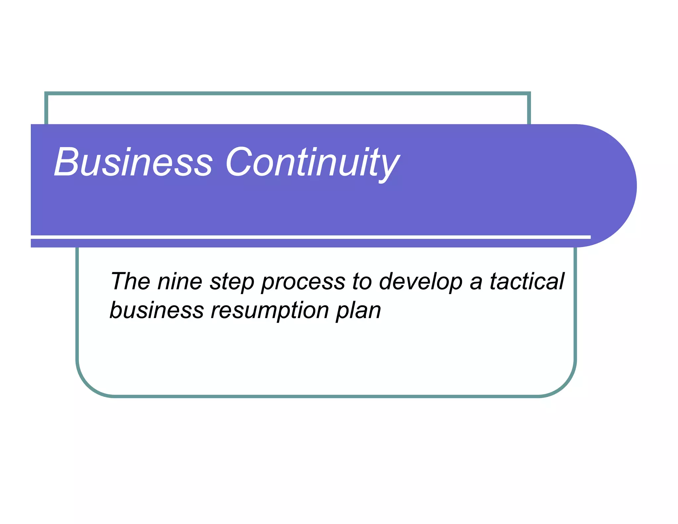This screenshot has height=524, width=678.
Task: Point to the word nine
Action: tap(179, 281)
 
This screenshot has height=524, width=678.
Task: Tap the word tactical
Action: tap(527, 281)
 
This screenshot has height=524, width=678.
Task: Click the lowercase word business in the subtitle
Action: tap(157, 310)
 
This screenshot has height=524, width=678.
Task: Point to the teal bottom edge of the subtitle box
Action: tap(326, 396)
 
